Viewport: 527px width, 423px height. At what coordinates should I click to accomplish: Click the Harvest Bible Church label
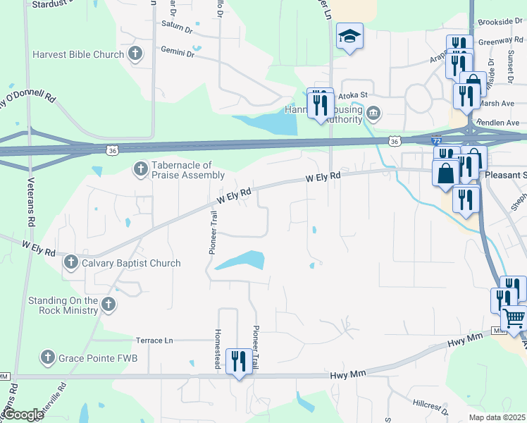click(x=78, y=54)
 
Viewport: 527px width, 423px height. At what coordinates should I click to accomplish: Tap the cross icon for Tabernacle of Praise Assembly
click(x=140, y=168)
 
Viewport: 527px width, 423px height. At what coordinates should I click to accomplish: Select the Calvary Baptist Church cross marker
click(x=70, y=263)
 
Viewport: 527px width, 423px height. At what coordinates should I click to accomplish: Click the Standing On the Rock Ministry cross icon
click(x=108, y=305)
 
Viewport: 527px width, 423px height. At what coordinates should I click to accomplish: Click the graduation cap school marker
click(x=349, y=37)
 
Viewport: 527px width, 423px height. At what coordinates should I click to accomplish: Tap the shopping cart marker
click(x=514, y=319)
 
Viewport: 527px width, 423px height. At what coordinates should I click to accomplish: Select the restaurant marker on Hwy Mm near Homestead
click(x=239, y=362)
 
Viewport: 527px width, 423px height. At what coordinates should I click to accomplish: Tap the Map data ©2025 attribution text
click(x=497, y=417)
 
